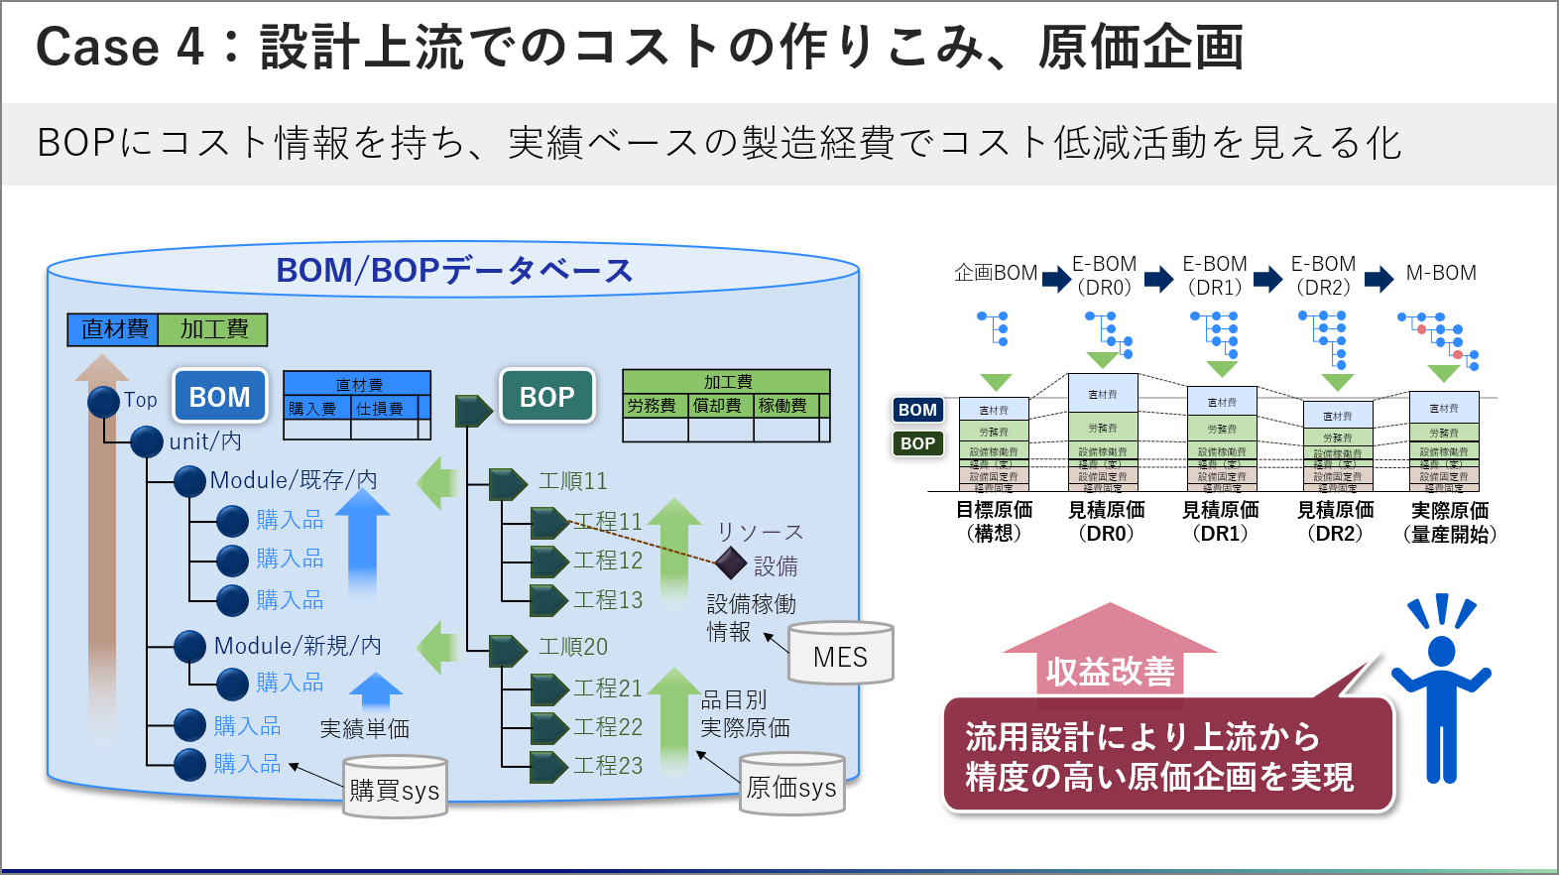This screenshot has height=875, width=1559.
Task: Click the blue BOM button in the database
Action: (x=220, y=397)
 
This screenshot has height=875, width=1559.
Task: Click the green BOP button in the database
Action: (x=547, y=397)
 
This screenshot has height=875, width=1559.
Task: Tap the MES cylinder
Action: (x=840, y=656)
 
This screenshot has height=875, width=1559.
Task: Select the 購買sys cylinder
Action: (x=395, y=790)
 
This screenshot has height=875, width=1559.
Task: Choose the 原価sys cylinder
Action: (x=791, y=787)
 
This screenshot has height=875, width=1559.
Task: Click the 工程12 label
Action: (x=608, y=561)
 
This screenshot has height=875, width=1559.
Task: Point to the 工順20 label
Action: (x=572, y=647)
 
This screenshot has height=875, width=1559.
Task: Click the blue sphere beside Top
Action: (x=103, y=402)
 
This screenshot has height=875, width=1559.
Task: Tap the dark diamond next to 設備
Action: (x=731, y=562)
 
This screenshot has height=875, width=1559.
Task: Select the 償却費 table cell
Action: (x=717, y=406)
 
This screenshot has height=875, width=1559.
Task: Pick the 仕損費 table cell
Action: (x=380, y=409)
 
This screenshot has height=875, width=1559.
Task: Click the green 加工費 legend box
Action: (x=213, y=329)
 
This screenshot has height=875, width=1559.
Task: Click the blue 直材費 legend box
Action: (x=114, y=329)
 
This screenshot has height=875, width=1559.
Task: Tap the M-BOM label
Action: (x=1441, y=273)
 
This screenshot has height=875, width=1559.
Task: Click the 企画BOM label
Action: (x=996, y=273)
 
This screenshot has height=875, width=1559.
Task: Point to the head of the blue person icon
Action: (x=1441, y=651)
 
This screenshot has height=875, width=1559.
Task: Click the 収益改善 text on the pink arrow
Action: (x=1110, y=672)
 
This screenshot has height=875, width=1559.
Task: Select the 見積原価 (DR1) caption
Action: (x=1220, y=521)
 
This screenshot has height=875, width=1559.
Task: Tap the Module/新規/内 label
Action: (x=298, y=646)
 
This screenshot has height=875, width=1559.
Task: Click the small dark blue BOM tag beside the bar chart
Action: (x=917, y=410)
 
